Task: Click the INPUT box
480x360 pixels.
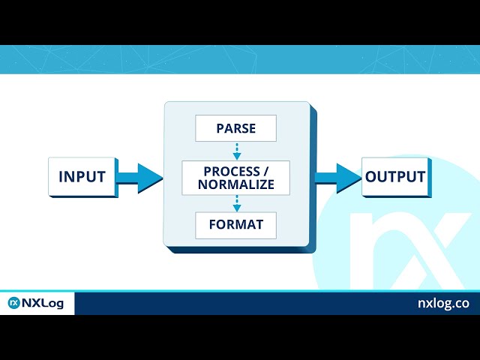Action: [x=82, y=177]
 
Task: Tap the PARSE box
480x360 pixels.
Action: [x=235, y=128]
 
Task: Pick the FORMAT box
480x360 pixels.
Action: [x=235, y=225]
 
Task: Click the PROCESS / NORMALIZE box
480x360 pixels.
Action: [x=235, y=178]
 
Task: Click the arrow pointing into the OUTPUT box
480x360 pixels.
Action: [x=338, y=178]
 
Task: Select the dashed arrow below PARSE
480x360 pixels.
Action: [x=237, y=151]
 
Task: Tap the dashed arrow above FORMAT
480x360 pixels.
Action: [x=237, y=203]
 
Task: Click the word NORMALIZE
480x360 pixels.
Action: [x=236, y=184]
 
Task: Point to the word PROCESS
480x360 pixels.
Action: [x=232, y=172]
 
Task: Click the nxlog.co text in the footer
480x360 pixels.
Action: [x=443, y=303]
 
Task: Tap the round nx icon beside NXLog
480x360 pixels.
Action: [x=13, y=303]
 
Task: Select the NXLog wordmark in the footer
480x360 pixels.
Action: [x=43, y=303]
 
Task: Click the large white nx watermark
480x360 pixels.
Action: [x=410, y=250]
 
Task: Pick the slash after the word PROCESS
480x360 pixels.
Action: [x=265, y=172]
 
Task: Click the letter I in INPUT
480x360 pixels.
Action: [x=61, y=177]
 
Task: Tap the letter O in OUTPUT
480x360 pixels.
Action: [x=371, y=177]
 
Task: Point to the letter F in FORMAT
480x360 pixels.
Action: [x=213, y=225]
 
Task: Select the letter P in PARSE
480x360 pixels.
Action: [x=220, y=128]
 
